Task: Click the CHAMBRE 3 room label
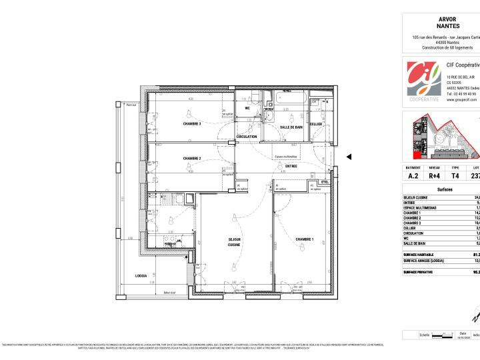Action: tap(192, 123)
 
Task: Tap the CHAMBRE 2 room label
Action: tap(192, 158)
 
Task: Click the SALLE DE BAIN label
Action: tap(291, 127)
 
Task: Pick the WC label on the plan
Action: tap(247, 107)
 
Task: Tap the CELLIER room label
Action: tap(316, 124)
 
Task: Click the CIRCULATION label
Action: tap(246, 137)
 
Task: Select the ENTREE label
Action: tap(291, 166)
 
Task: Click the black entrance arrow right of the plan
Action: tap(349, 157)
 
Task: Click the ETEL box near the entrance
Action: tap(325, 182)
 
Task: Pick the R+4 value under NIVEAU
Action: tap(434, 177)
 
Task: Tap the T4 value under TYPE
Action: tap(455, 177)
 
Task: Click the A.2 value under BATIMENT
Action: tap(413, 177)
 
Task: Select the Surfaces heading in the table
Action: tap(445, 190)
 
